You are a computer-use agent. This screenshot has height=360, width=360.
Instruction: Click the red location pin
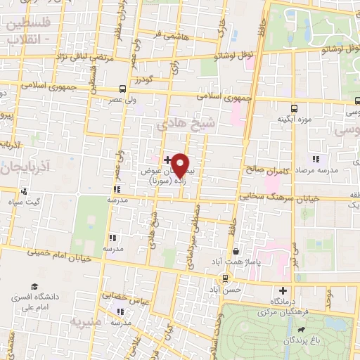(x=180, y=165)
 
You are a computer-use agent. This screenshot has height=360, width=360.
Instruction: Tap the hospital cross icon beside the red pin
(x=167, y=160)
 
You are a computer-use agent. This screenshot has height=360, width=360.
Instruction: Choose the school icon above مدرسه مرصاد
(x=316, y=160)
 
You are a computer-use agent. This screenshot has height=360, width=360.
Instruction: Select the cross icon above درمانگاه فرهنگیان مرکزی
(x=283, y=290)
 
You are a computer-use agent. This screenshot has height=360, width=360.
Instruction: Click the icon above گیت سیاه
(x=24, y=191)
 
